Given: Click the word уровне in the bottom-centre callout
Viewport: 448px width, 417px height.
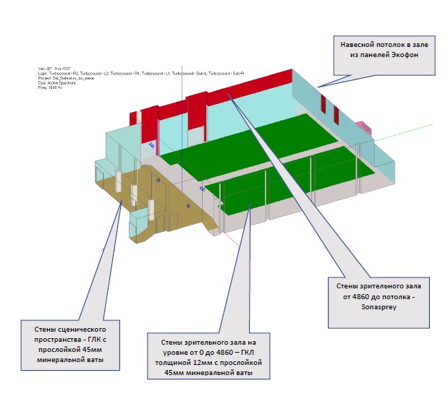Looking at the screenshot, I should pyautogui.click(x=164, y=351).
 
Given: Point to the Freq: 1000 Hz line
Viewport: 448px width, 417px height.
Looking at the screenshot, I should pyautogui.click(x=51, y=87).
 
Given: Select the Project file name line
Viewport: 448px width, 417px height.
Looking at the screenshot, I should pyautogui.click(x=66, y=78).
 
